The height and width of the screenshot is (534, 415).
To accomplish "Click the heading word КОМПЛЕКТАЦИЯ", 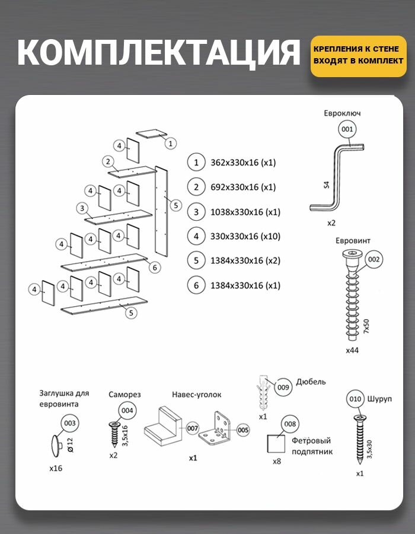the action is pyautogui.click(x=158, y=53).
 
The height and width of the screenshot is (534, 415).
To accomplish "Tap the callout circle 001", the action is pyautogui.click(x=347, y=129).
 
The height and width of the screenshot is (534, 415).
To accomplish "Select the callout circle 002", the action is pyautogui.click(x=374, y=259).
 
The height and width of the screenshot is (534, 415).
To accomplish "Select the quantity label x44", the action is pyautogui.click(x=352, y=350).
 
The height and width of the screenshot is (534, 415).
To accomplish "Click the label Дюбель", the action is pyautogui.click(x=310, y=382).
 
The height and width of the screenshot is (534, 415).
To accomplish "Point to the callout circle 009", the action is pyautogui.click(x=283, y=387).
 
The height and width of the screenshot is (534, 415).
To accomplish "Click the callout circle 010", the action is pyautogui.click(x=355, y=399).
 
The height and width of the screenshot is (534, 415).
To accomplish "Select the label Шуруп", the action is pyautogui.click(x=380, y=399).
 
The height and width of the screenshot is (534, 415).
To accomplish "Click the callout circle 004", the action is pyautogui.click(x=127, y=410).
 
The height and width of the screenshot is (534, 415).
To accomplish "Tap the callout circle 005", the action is pyautogui.click(x=243, y=428).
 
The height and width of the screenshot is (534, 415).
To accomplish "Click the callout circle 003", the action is pyautogui.click(x=70, y=423).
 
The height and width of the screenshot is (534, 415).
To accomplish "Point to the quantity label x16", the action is pyautogui.click(x=56, y=468).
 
